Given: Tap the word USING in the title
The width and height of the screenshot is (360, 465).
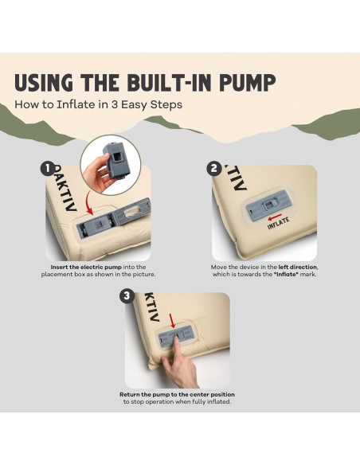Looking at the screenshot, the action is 44,82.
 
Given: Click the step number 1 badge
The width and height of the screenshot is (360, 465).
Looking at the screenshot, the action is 48,169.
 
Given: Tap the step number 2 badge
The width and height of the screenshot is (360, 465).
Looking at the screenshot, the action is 213,169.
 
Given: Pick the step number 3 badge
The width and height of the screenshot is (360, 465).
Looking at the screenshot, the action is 127,296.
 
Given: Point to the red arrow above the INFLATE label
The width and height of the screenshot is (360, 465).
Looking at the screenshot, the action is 275,217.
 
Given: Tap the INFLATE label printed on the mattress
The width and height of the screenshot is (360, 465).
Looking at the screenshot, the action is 279,223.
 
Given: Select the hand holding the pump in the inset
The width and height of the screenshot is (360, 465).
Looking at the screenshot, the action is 97,174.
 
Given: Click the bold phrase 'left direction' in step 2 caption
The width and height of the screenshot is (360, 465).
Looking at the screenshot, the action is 298,267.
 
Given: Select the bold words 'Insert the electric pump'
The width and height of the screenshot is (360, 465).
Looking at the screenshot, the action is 86,267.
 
